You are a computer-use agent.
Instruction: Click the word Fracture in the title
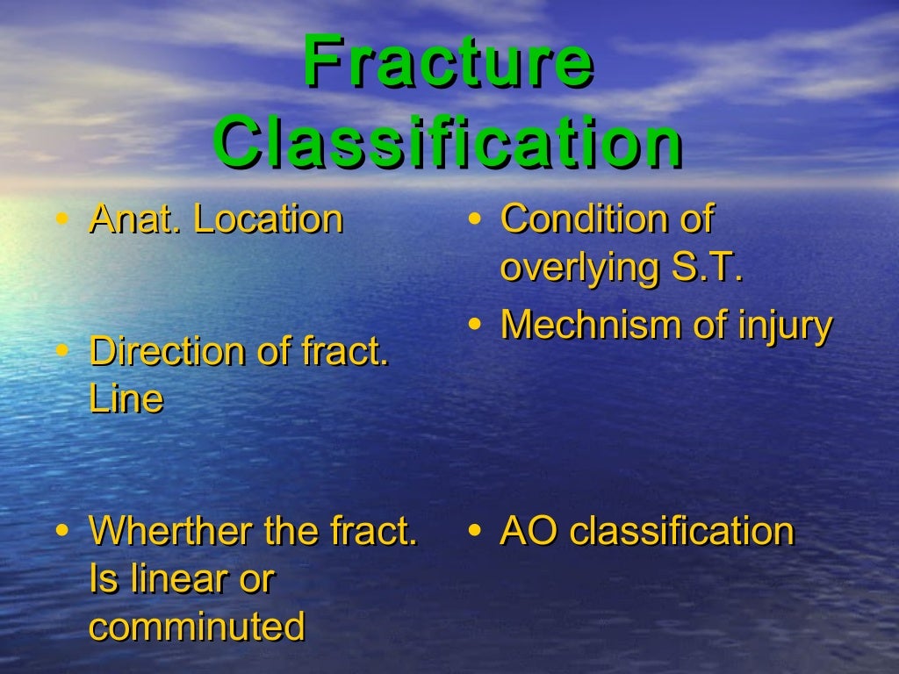click(448, 63)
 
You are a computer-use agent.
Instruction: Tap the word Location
click(268, 219)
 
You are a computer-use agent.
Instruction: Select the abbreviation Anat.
click(135, 219)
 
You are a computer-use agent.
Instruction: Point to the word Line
click(126, 399)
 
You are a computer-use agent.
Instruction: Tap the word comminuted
click(197, 627)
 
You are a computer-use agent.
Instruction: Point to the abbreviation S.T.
click(707, 268)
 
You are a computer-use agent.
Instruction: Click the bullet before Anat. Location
click(61, 219)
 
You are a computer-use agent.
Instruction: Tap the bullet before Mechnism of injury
click(474, 325)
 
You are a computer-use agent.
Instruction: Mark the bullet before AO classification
click(474, 531)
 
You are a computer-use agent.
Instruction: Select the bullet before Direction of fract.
click(61, 351)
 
